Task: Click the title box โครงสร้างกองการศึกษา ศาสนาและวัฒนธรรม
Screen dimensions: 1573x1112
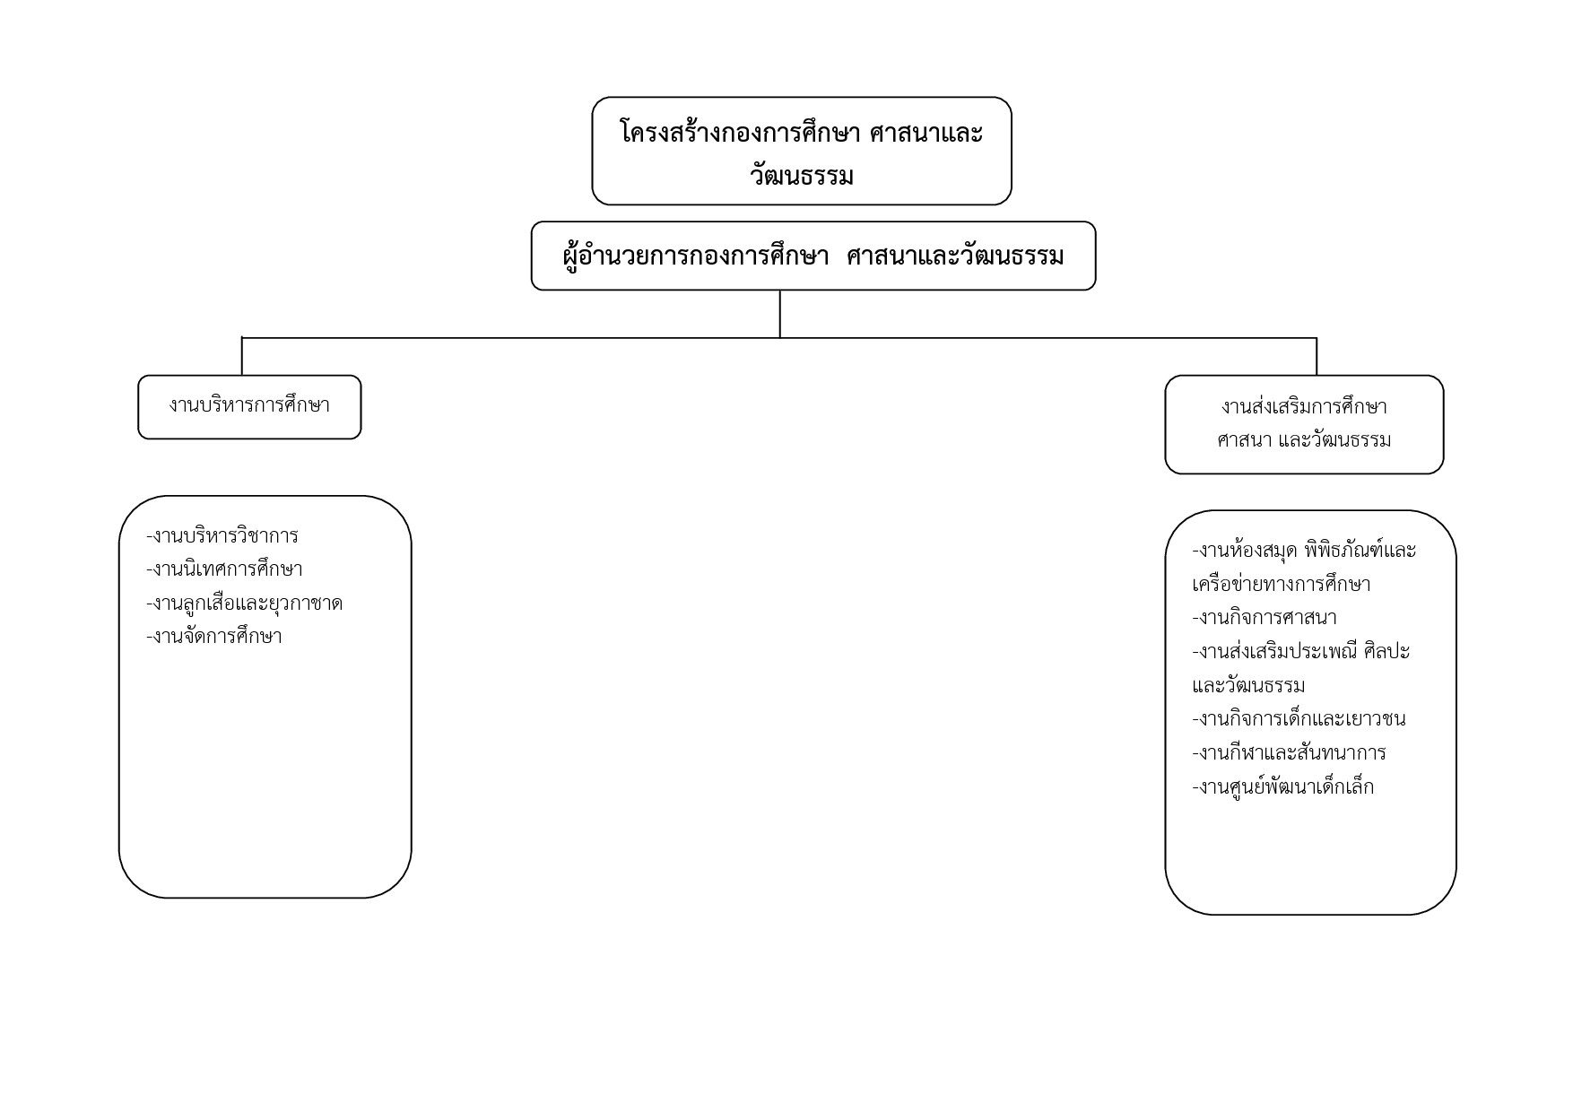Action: [x=802, y=151]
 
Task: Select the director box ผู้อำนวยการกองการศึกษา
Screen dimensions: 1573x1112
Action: [x=813, y=256]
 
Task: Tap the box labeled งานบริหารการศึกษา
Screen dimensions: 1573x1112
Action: [x=249, y=407]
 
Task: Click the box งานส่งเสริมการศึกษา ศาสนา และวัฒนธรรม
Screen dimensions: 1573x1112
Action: [x=1304, y=424]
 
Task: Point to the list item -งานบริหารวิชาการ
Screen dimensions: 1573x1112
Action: [x=222, y=536]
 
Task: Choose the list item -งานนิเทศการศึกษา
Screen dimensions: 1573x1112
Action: [x=224, y=569]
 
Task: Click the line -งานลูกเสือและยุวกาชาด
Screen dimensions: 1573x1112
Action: [x=244, y=604]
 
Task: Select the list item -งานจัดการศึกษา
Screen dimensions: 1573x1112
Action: [x=213, y=637]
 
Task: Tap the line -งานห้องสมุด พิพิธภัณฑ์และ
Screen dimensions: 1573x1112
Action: [x=1304, y=551]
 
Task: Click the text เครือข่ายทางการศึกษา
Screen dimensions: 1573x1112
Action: [x=1282, y=585]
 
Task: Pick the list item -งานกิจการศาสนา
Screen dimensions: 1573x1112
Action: [x=1264, y=618]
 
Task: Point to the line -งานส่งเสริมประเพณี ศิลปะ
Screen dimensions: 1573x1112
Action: [x=1301, y=652]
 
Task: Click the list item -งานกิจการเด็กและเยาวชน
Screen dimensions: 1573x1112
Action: [x=1299, y=719]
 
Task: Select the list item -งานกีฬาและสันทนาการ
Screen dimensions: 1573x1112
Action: [x=1289, y=752]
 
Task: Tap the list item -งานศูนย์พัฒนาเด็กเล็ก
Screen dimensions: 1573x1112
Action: [x=1282, y=787]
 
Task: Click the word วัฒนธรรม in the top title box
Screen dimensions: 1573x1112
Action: [x=802, y=175]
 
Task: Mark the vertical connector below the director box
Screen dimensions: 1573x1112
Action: [x=779, y=314]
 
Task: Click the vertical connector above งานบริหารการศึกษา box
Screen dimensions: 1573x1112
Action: [x=242, y=356]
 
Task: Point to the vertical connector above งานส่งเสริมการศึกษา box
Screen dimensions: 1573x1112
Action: [x=1317, y=356]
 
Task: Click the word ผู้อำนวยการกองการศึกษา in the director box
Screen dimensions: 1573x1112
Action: [x=696, y=256]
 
